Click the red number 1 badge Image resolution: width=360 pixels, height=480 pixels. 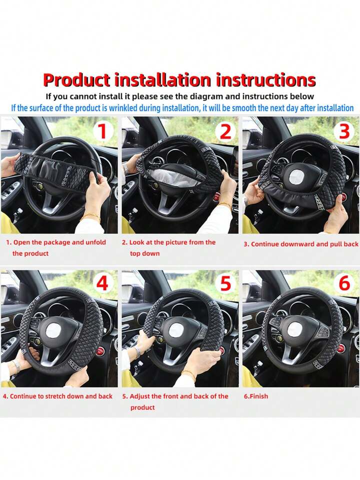click(x=102, y=131)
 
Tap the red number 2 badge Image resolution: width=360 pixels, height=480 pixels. click(x=225, y=131)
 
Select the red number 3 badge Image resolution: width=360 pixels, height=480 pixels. click(x=344, y=131)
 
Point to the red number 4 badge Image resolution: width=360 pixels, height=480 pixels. click(x=102, y=283)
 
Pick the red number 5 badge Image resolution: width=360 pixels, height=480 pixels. click(x=225, y=283)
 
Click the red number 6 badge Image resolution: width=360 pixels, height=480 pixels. click(x=344, y=283)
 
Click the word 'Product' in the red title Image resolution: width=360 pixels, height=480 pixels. click(x=77, y=80)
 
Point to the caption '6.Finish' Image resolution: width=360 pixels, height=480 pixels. click(x=255, y=396)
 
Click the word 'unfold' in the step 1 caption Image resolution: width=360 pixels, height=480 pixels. click(x=95, y=242)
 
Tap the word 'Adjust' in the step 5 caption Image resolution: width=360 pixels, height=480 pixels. click(x=140, y=396)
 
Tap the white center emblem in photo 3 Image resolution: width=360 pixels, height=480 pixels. click(x=296, y=177)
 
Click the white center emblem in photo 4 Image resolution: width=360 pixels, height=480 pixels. click(x=53, y=331)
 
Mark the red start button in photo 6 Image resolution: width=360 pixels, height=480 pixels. click(x=341, y=348)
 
